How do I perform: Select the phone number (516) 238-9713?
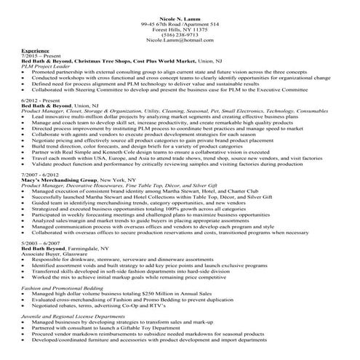point(180,34)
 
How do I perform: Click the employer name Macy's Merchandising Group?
point(55,180)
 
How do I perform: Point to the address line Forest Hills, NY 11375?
point(180,29)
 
